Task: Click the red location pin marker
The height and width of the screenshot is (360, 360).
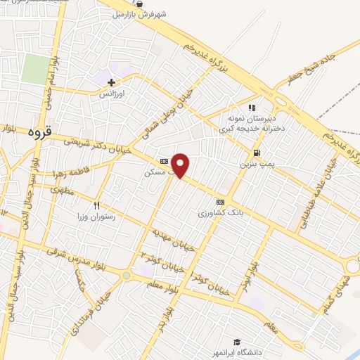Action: (x=181, y=165)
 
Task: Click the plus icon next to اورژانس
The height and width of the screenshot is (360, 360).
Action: (x=111, y=83)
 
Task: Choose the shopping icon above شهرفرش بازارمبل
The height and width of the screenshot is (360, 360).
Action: (x=146, y=3)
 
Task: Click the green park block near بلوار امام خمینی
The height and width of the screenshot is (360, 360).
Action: (x=35, y=69)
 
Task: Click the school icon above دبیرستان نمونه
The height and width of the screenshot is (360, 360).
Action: (x=252, y=108)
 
